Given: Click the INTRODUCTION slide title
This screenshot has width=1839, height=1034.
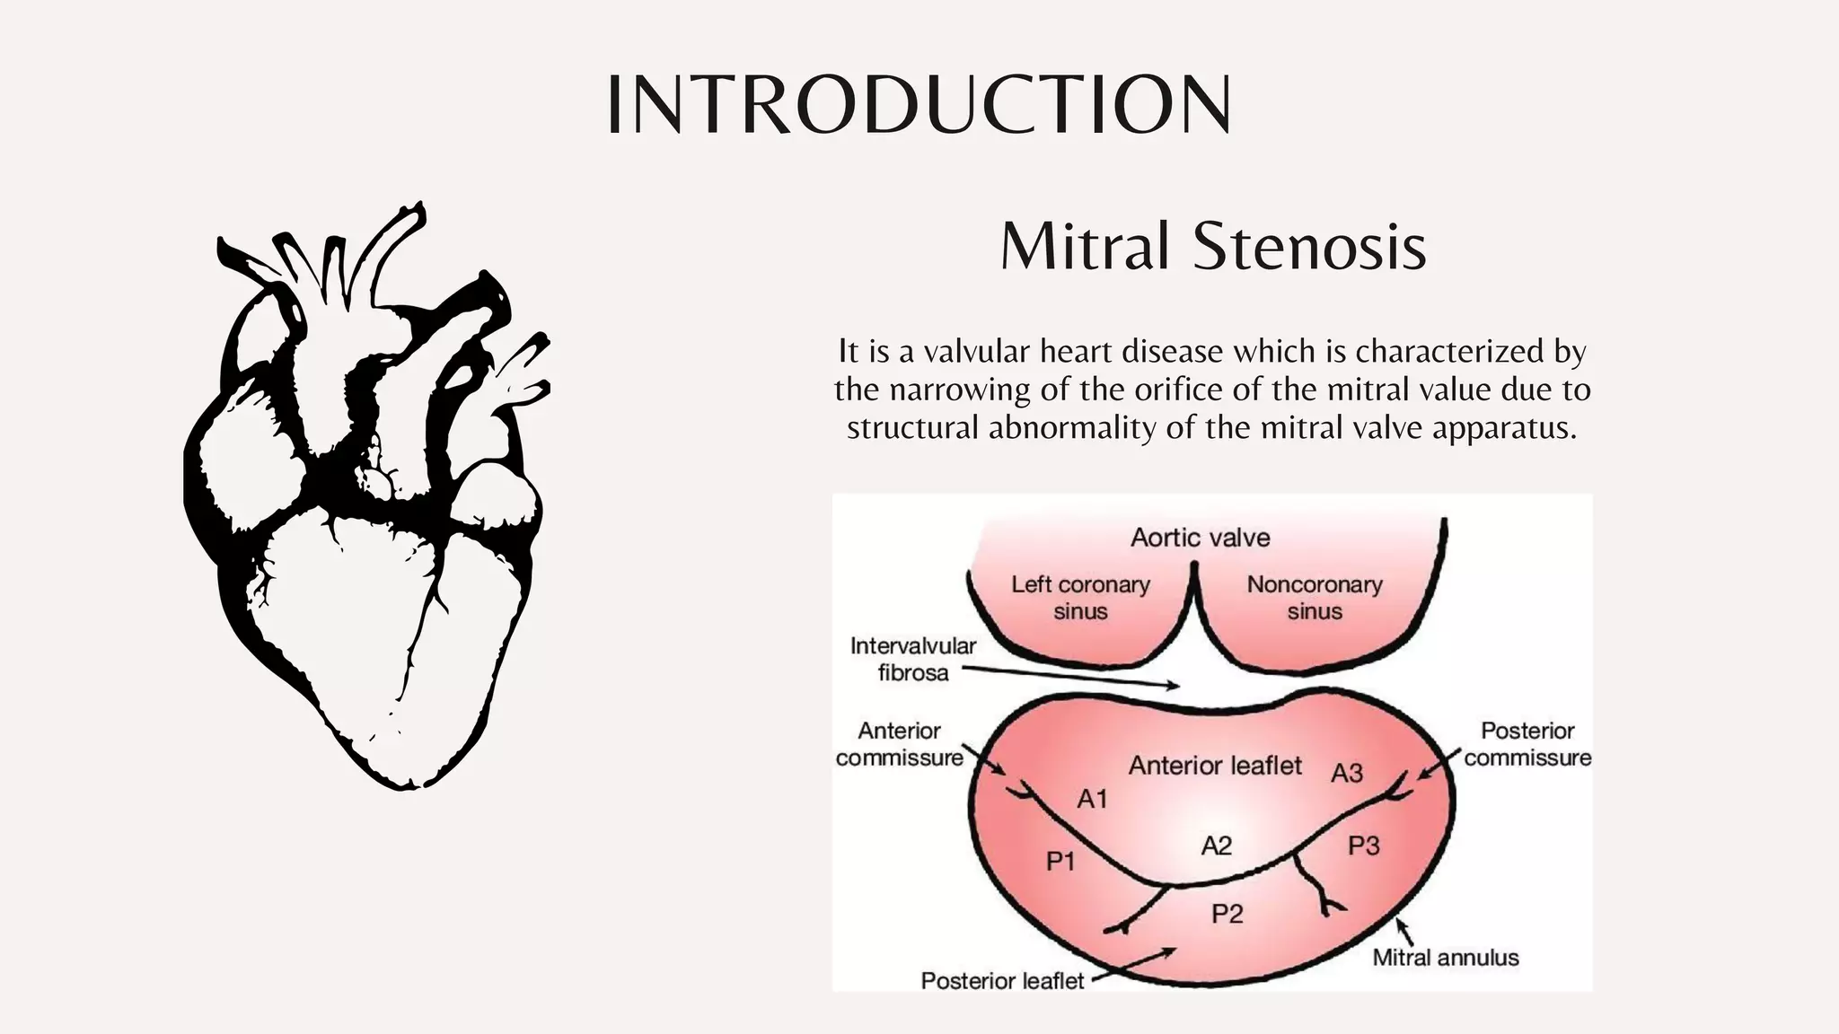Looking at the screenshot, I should click(x=919, y=105).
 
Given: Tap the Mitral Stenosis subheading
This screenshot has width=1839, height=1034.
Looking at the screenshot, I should click(x=1213, y=246).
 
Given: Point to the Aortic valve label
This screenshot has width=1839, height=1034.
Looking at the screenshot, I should click(x=1200, y=538).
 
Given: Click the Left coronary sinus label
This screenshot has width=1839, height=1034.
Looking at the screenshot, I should click(x=1080, y=598).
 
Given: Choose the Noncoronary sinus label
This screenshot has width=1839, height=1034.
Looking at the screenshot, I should click(x=1314, y=598).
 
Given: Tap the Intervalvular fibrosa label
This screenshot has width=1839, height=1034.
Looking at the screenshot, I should click(x=912, y=659).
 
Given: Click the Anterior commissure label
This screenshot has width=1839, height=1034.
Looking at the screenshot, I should click(x=899, y=744).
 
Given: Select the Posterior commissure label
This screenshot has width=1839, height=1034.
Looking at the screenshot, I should click(x=1527, y=744).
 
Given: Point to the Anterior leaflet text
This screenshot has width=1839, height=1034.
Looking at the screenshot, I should click(x=1214, y=766).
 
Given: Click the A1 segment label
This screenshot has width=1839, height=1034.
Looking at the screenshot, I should click(x=1092, y=798).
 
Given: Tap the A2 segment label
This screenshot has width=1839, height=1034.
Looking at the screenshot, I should click(x=1216, y=846).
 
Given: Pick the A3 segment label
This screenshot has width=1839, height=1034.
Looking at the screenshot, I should click(x=1346, y=773).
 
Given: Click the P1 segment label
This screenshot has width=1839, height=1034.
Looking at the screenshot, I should click(x=1060, y=862).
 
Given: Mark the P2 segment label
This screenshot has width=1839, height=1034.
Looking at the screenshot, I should click(x=1227, y=914).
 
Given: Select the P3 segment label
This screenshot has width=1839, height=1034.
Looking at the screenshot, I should click(x=1363, y=846).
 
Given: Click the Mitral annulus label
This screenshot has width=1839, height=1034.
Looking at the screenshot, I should click(x=1445, y=958).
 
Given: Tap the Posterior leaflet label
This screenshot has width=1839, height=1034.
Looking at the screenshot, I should click(x=1002, y=981).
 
